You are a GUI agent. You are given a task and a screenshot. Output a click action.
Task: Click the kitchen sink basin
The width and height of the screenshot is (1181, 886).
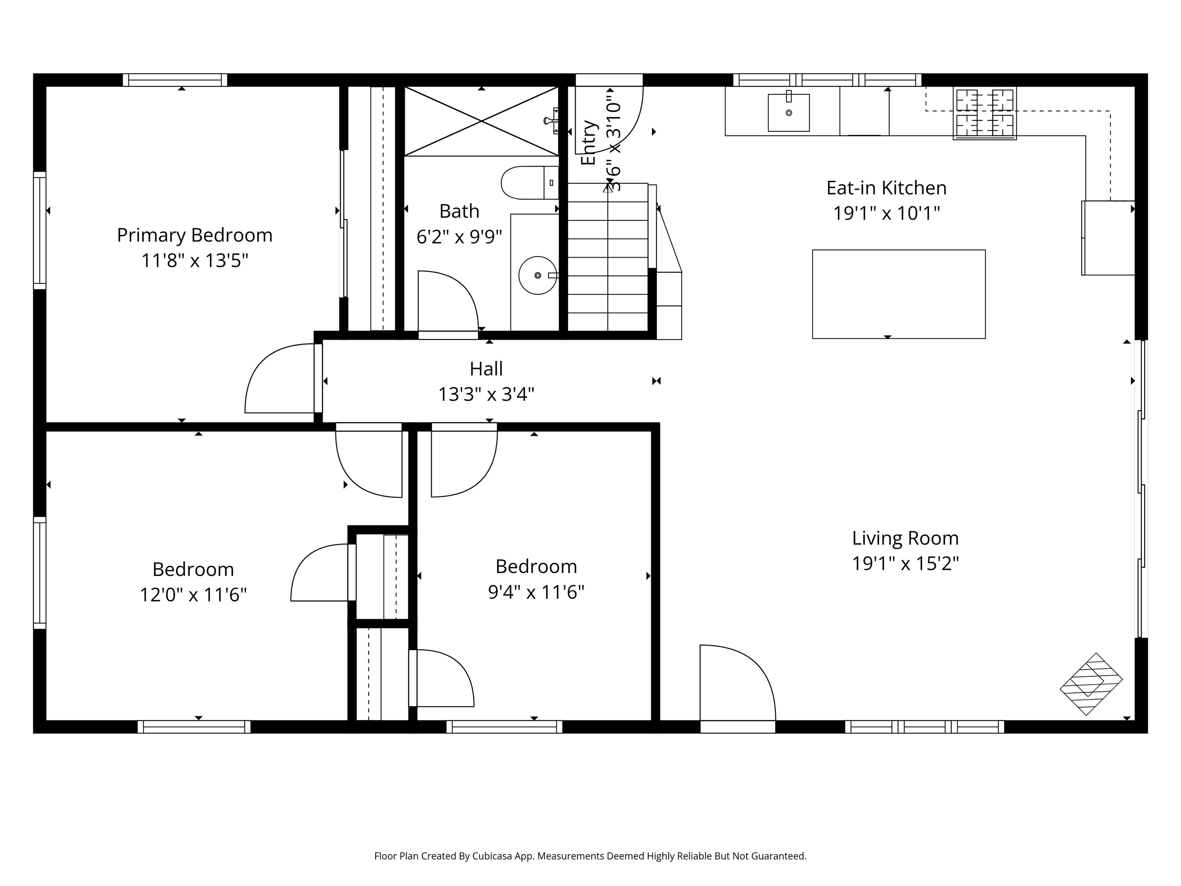coord(788,113)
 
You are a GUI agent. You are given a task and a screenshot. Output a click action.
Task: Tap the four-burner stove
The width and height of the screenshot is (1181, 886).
coord(984,113)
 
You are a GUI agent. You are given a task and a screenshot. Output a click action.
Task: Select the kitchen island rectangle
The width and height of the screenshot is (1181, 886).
coord(898,294)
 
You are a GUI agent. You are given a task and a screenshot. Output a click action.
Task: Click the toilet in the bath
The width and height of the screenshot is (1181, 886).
coord(529,183)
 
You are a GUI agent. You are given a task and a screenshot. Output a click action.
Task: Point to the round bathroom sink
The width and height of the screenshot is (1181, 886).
coord(537,275)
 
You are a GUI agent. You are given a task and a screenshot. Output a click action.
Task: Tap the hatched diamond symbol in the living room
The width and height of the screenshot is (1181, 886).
coord(1090,684)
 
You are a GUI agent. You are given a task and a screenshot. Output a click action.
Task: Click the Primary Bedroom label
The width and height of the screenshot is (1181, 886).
coord(195,235)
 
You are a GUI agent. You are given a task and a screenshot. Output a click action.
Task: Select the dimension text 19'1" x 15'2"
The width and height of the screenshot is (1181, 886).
coord(905,563)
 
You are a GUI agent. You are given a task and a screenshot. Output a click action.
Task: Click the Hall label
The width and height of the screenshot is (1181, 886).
coord(486,368)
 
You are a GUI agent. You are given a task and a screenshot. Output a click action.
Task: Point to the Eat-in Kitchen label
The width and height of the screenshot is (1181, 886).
coord(886,188)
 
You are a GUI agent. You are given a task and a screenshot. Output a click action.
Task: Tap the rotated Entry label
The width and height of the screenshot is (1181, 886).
coord(588,143)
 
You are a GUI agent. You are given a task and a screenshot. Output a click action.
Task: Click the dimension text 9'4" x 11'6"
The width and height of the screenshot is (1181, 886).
coord(536,592)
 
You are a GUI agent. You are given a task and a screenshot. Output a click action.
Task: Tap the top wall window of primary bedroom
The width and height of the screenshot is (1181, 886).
coord(175,80)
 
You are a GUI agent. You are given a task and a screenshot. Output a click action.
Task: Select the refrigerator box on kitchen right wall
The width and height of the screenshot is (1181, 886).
coord(1108,238)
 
